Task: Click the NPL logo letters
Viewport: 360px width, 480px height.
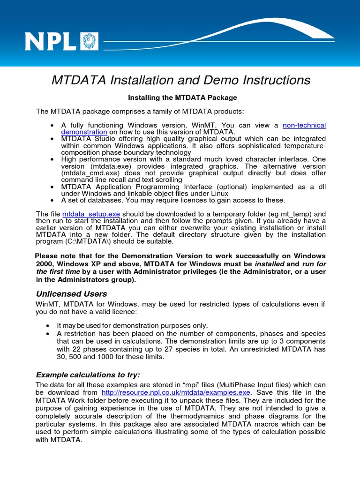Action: pos(52,41)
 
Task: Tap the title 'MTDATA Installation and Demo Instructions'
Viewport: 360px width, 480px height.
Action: pos(180,80)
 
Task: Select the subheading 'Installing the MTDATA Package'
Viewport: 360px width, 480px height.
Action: pos(183,97)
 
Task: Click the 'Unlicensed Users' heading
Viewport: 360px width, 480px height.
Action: pos(71,294)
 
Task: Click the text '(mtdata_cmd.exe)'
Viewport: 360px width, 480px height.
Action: pos(86,173)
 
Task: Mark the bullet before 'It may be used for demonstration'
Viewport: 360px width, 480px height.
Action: pos(48,326)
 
